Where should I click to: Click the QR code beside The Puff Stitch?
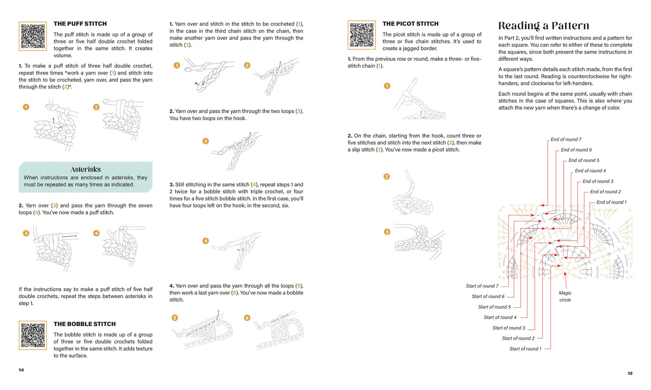coord(33,36)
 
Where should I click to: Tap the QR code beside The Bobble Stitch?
coord(33,335)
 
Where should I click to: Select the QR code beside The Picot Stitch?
coord(361,35)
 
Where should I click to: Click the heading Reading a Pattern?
coord(543,26)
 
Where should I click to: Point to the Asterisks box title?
coord(86,170)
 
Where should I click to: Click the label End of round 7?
coord(566,139)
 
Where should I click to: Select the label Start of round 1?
coord(525,349)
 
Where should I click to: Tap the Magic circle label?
coord(565,296)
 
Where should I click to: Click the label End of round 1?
coord(611,202)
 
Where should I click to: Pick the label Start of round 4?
coord(500,318)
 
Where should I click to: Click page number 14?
coord(21,370)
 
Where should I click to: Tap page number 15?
coord(630,373)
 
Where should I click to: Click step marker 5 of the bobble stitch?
coord(175,318)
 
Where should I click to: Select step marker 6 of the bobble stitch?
coord(247,318)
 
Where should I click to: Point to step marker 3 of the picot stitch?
coord(387,232)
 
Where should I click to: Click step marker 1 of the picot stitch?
coord(387,86)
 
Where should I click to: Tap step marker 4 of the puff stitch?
coord(96,233)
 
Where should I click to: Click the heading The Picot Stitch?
coord(410,24)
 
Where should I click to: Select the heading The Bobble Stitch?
coord(84,324)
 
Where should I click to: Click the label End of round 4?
coord(590,171)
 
